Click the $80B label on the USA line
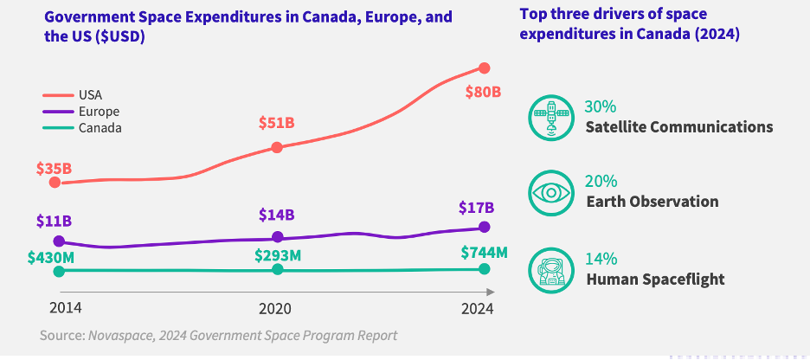pos(484,93)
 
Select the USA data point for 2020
pos(277,147)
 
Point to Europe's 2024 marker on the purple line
pos(484,227)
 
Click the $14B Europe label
pos(277,215)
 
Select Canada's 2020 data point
pos(277,270)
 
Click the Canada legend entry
pos(100,128)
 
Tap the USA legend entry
pos(90,94)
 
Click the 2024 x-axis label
pos(477,308)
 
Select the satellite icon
pos(550,118)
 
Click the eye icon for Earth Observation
pos(550,192)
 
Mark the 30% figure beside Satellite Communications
pos(601,106)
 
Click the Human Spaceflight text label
pos(655,279)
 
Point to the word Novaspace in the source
pos(119,335)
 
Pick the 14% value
pos(601,259)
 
